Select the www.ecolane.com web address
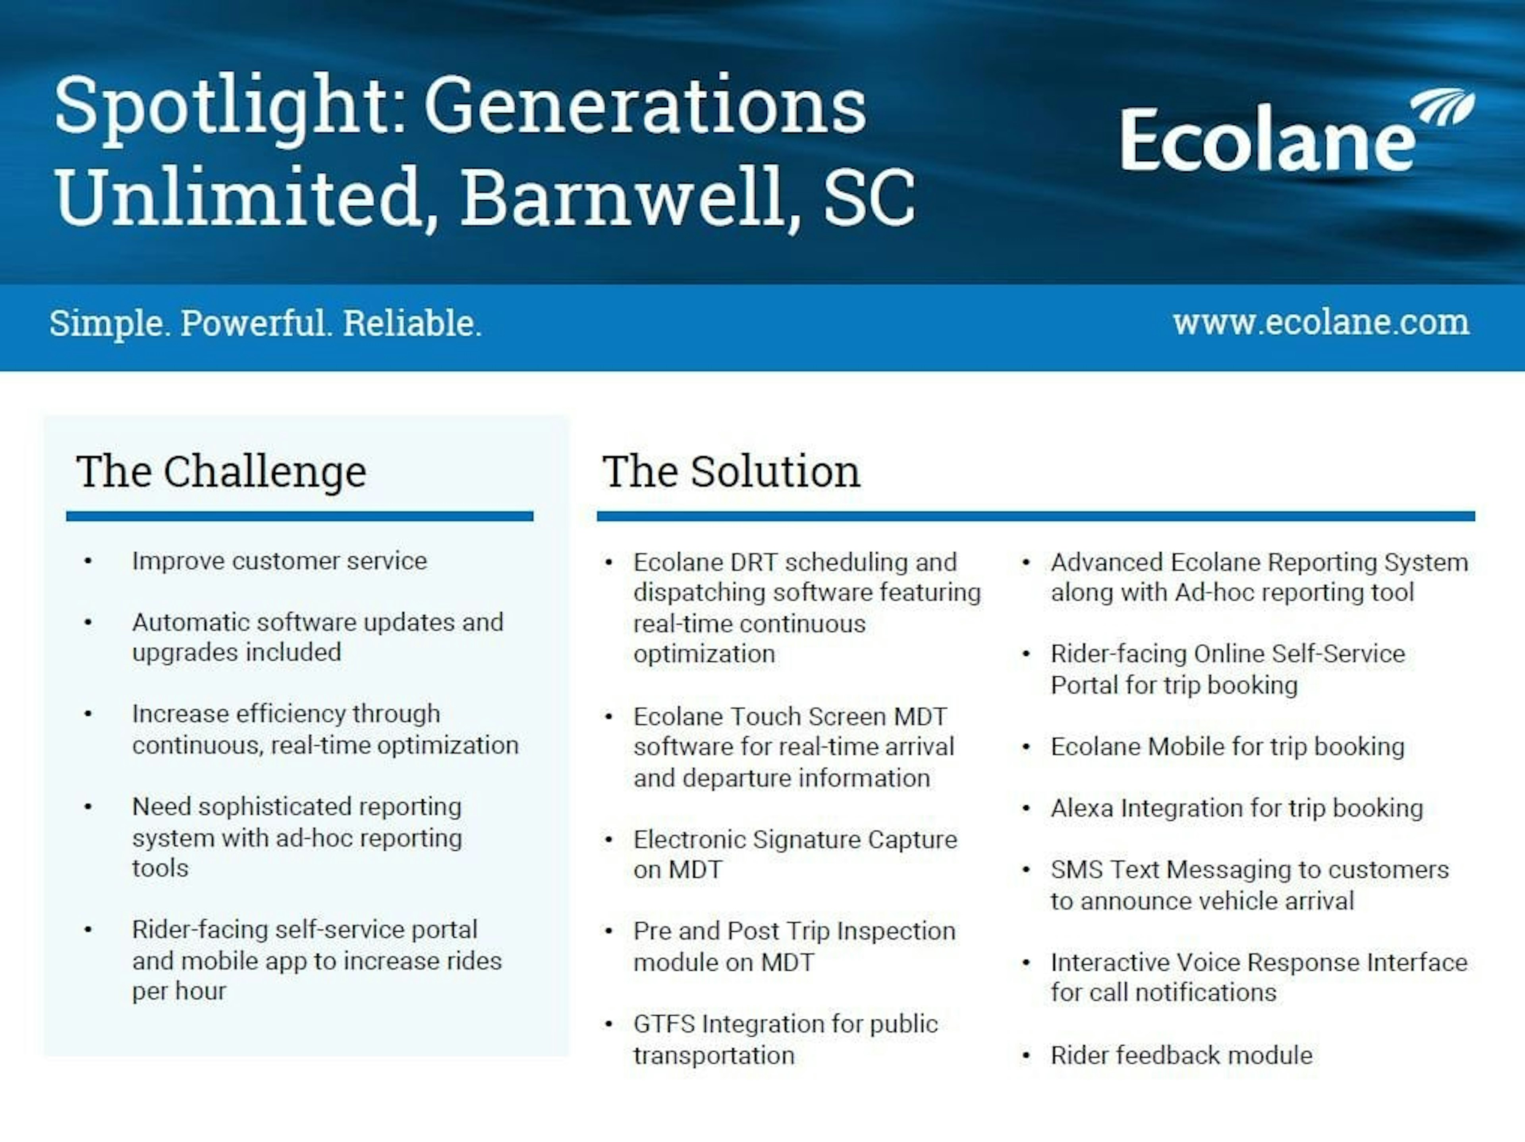coord(1321,323)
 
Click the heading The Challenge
coord(221,472)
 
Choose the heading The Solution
coord(732,472)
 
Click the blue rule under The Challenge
coord(300,516)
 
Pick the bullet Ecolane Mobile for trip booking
coord(1227,746)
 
